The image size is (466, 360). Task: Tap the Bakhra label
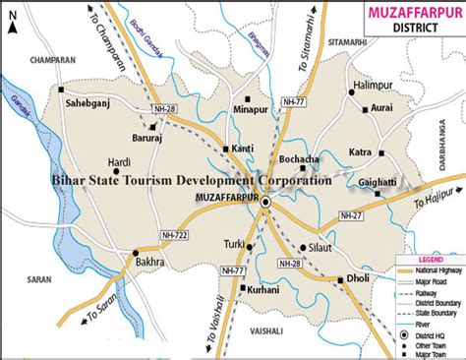pyautogui.click(x=150, y=265)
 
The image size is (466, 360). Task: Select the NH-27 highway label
pyautogui.click(x=352, y=214)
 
